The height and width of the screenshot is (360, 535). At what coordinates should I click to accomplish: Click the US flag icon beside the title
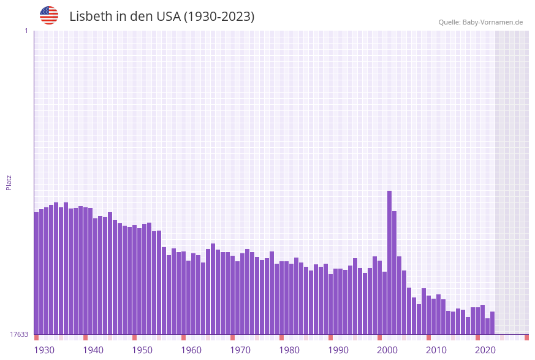49,15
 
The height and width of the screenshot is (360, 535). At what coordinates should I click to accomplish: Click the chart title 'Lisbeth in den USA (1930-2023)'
162,17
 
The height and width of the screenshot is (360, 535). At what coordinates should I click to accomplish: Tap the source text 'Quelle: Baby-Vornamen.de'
480,22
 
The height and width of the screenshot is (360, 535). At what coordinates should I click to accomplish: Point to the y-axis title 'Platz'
9,182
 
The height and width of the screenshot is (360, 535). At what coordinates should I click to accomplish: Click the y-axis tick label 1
26,31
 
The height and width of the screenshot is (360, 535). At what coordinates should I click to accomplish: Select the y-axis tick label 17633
19,334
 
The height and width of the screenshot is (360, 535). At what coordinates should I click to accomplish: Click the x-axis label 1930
44,350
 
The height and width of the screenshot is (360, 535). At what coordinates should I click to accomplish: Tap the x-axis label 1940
93,350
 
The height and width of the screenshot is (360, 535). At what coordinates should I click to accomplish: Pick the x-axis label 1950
142,350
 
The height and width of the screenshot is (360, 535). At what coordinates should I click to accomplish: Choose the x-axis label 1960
191,350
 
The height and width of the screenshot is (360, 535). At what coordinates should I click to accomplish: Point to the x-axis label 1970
240,350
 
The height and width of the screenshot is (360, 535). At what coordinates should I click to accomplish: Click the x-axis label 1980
289,350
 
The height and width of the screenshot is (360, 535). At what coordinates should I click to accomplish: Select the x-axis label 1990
338,350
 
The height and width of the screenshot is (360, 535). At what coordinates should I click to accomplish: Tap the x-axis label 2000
387,350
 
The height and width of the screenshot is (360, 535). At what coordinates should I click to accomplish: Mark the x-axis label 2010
436,350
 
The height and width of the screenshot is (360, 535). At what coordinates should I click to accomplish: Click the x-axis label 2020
485,350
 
